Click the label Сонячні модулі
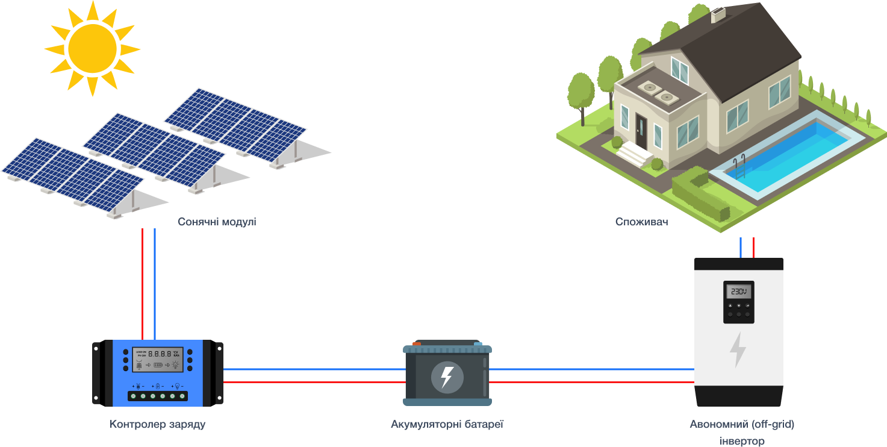(217, 222)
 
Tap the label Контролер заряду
(158, 424)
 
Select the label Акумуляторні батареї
(447, 424)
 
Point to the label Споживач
(642, 222)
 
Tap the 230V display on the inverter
(739, 292)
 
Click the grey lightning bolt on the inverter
(738, 349)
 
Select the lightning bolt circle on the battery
(447, 377)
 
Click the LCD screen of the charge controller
(158, 359)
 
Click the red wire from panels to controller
(143, 283)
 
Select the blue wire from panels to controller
(155, 283)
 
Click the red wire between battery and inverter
(590, 382)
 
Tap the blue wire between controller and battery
(313, 369)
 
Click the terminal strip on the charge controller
(158, 396)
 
